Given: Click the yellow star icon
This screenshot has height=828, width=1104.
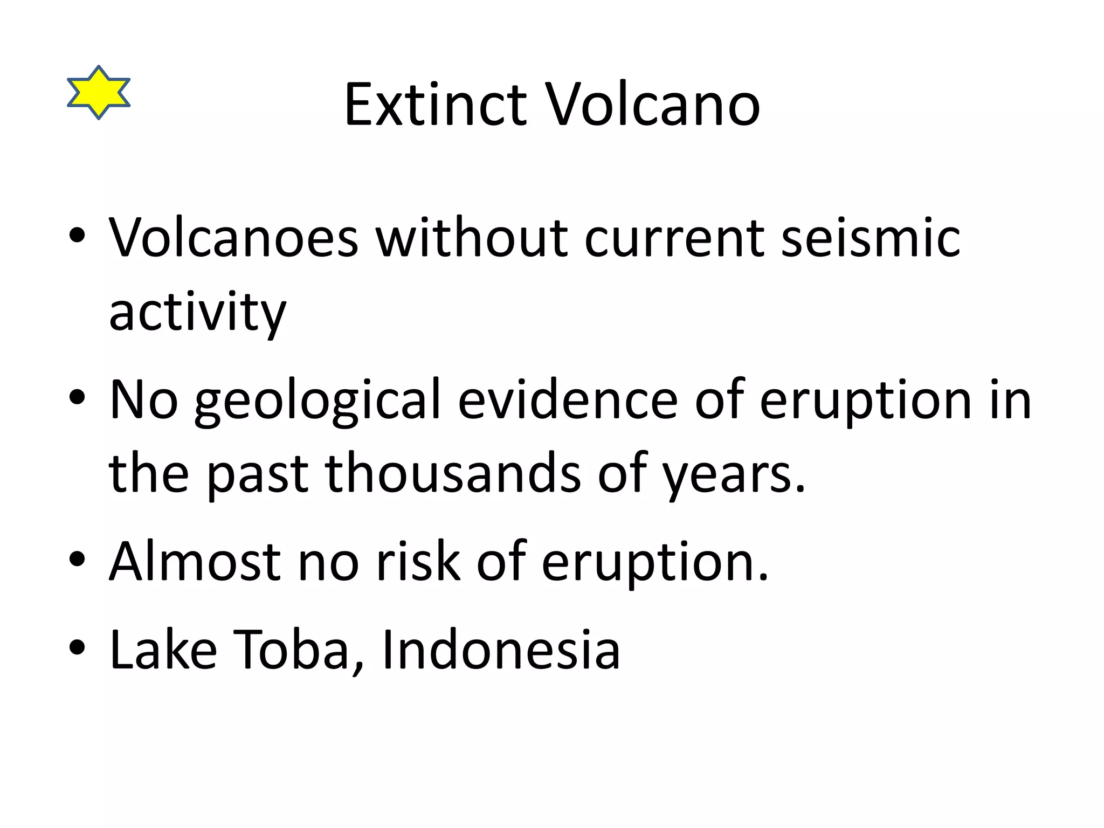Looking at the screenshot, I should click(99, 93).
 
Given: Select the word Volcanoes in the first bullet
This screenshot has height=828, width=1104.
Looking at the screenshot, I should click(233, 237).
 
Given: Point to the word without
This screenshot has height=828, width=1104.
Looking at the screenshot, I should click(471, 237).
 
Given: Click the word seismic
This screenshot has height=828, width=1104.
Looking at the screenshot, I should click(870, 237).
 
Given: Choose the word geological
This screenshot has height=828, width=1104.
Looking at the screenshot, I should click(318, 400).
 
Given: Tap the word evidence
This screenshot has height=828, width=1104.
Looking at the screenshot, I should click(567, 400).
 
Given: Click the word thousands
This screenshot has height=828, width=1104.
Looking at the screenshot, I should click(453, 473).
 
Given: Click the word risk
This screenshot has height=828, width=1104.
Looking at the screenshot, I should click(418, 562).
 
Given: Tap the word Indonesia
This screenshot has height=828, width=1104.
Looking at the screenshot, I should click(501, 650).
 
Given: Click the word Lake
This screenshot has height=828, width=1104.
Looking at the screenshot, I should click(163, 650).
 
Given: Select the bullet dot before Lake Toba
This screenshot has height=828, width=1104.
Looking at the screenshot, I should click(77, 647).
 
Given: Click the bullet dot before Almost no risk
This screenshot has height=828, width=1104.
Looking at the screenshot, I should click(77, 559).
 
